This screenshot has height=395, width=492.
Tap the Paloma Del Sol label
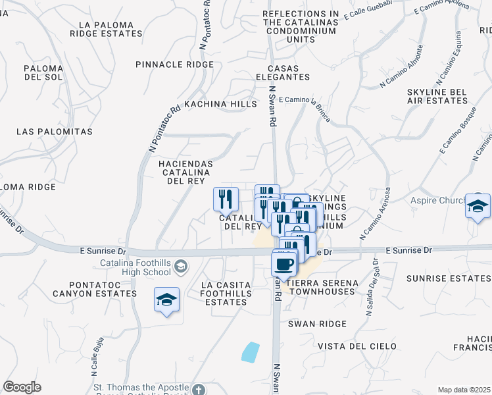click(43, 72)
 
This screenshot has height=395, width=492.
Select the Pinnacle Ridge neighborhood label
click(174, 65)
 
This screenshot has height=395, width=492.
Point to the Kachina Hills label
click(220, 104)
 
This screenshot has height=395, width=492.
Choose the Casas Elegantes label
click(288, 72)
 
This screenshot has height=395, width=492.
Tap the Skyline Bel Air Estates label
click(437, 96)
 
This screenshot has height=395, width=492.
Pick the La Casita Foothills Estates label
click(226, 294)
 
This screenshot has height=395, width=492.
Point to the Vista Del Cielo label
click(357, 346)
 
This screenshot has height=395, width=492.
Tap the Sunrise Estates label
click(448, 278)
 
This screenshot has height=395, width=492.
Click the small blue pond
click(250, 352)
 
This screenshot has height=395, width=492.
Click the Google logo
click(22, 387)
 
